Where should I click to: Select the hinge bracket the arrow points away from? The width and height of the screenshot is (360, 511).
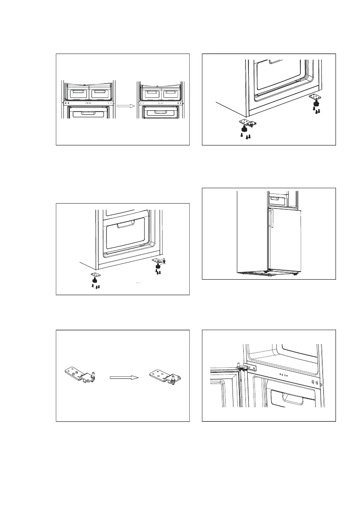(x=79, y=374)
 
